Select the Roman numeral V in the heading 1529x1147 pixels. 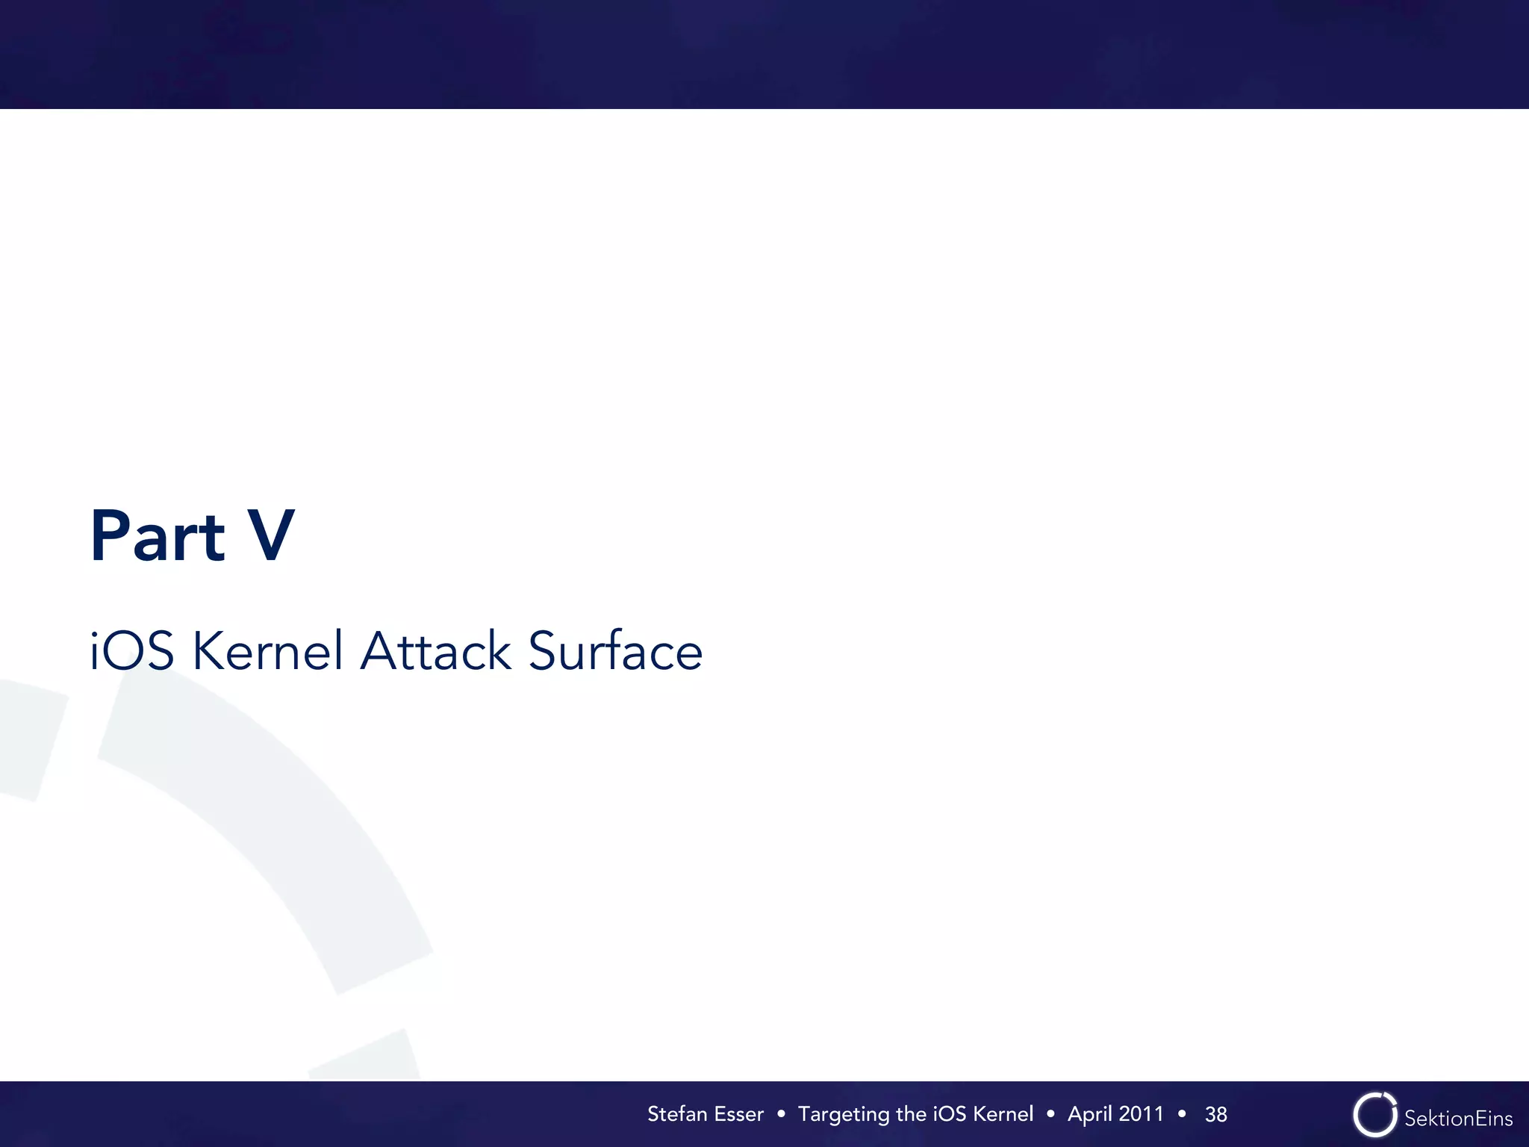click(x=271, y=535)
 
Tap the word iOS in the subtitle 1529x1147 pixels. click(x=132, y=650)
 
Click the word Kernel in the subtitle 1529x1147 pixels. click(x=268, y=650)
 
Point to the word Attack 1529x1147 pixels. click(x=436, y=650)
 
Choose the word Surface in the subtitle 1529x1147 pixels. click(x=615, y=650)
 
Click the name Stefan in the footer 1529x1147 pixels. click(x=677, y=1114)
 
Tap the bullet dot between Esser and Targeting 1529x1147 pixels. click(x=781, y=1114)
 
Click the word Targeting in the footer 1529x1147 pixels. click(x=844, y=1115)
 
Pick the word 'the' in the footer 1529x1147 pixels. click(x=911, y=1114)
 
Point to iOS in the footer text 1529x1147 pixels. click(x=950, y=1114)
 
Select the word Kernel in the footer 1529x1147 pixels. click(x=1003, y=1114)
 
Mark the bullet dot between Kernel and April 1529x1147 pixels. click(x=1050, y=1114)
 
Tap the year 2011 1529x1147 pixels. click(x=1141, y=1114)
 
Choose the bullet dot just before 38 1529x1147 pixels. click(x=1182, y=1114)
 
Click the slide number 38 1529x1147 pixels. click(x=1216, y=1115)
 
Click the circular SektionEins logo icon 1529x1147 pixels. click(x=1374, y=1115)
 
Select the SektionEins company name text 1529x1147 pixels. click(x=1458, y=1118)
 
